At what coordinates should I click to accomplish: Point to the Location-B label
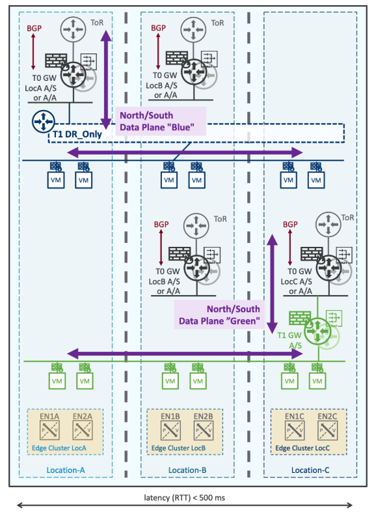(187, 469)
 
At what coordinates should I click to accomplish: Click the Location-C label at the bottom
(309, 469)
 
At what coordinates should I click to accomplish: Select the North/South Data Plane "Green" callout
(222, 314)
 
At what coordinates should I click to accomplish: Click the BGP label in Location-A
(34, 29)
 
